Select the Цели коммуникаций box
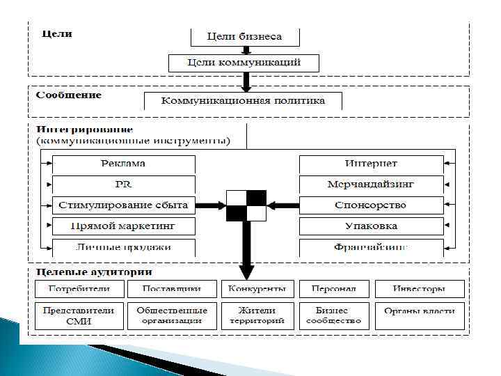point(244,63)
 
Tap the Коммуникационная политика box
point(244,101)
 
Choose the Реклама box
point(124,164)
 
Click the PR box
point(124,185)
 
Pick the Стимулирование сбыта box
point(124,205)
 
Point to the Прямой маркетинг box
point(124,226)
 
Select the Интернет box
point(371,164)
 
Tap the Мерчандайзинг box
point(371,185)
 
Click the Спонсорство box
point(371,205)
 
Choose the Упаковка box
point(371,226)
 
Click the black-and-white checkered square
point(246,205)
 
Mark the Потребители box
point(79,289)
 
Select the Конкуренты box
point(257,289)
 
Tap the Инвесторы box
point(420,289)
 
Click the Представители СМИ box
point(79,315)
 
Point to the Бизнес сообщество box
point(337,315)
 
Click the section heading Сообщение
point(69,95)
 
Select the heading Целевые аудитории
point(94,272)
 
